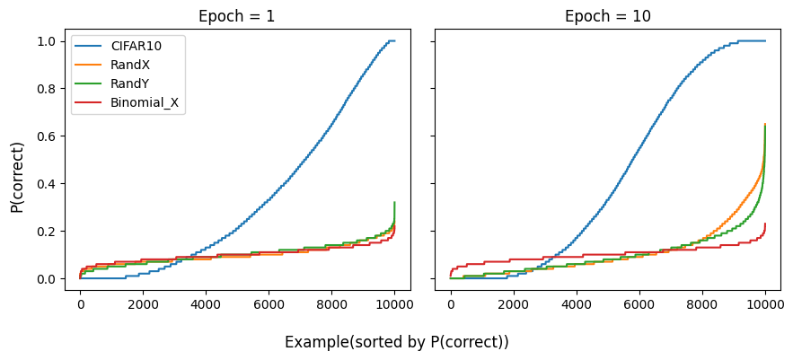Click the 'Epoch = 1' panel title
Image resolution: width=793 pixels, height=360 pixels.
tap(237, 16)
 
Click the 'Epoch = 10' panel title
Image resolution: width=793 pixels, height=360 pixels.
tap(607, 16)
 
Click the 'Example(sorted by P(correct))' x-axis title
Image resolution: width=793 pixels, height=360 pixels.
tap(396, 342)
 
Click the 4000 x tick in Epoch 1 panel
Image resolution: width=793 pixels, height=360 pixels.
tap(206, 303)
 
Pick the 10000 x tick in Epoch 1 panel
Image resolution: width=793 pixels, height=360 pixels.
tap(394, 303)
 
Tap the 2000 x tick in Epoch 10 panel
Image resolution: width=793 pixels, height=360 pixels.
tap(513, 303)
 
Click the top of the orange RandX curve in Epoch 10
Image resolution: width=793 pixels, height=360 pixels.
tap(764, 126)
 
